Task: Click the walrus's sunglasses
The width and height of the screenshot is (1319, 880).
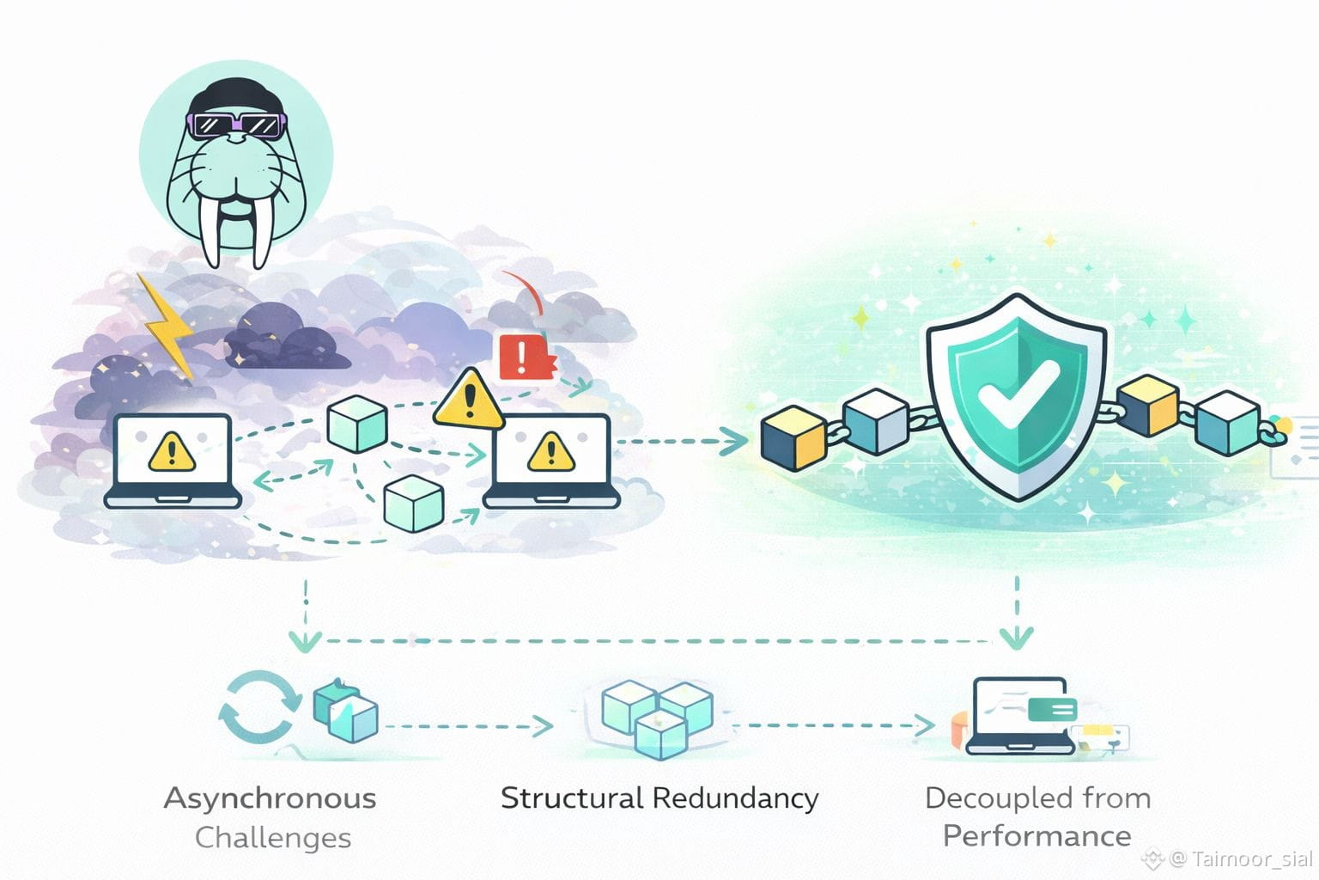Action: point(236,125)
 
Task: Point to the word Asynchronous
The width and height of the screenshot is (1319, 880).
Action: point(270,798)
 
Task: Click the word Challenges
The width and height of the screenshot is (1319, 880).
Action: point(273,838)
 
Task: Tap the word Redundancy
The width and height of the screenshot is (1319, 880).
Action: point(736,798)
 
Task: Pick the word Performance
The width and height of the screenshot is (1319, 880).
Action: point(1036,836)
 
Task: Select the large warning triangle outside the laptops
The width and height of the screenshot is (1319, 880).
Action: point(469,400)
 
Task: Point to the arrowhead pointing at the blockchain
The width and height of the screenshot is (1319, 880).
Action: point(735,442)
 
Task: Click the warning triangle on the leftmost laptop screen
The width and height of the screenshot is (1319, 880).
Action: point(173,451)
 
